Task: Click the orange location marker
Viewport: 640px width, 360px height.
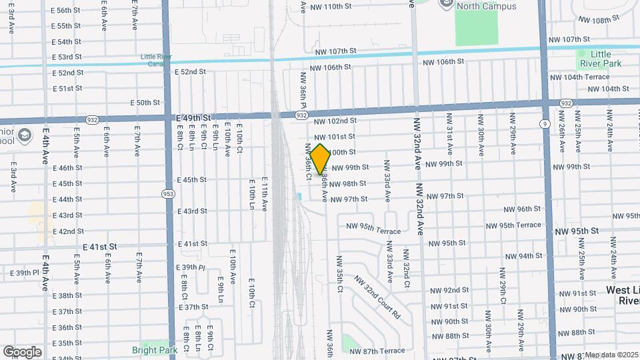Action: coord(320,159)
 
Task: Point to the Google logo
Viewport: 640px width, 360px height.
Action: coord(22,351)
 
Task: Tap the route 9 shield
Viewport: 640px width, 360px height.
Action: coord(545,123)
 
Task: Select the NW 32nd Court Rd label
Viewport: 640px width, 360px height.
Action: coord(377,297)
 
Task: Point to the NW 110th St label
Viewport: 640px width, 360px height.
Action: coord(332,7)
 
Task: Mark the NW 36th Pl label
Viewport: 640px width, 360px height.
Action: coord(303,96)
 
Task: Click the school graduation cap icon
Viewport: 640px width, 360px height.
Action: coord(24,135)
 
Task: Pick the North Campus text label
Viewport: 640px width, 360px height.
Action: coord(477,7)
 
